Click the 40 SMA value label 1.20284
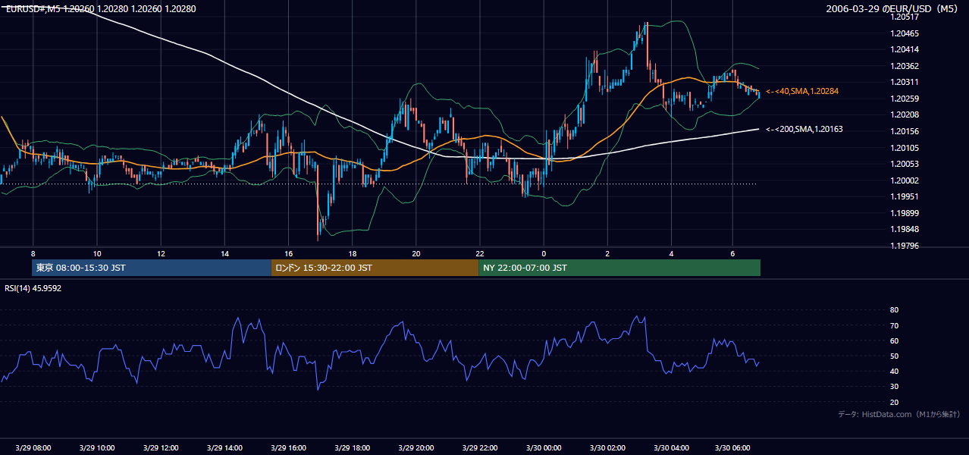(802, 91)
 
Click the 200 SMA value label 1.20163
(804, 129)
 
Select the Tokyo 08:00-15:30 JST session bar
(152, 268)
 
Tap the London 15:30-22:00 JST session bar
(375, 268)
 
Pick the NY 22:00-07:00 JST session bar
(619, 268)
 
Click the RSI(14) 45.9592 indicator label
(33, 288)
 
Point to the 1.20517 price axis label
(905, 17)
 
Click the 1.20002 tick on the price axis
(905, 180)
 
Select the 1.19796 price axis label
(905, 246)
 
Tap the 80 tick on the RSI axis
(894, 309)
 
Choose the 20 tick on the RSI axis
(894, 402)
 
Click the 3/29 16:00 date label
(289, 447)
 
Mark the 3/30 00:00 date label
(544, 447)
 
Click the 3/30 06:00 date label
(732, 447)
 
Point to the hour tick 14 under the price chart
(224, 254)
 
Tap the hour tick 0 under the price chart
(544, 254)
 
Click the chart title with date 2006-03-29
(892, 8)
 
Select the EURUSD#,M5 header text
(33, 8)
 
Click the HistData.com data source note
(899, 414)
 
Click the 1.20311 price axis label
(905, 82)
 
